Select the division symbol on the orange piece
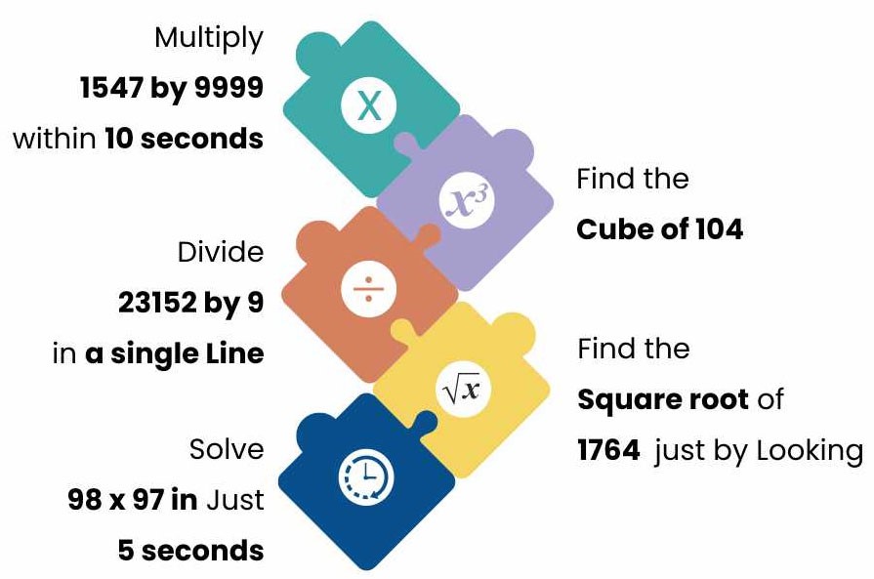click(x=368, y=291)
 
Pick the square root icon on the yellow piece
click(x=462, y=391)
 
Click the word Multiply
click(x=209, y=39)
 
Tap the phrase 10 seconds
click(x=184, y=139)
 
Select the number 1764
click(x=609, y=450)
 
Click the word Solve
click(x=227, y=450)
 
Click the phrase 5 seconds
click(x=190, y=551)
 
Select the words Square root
click(x=663, y=400)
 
